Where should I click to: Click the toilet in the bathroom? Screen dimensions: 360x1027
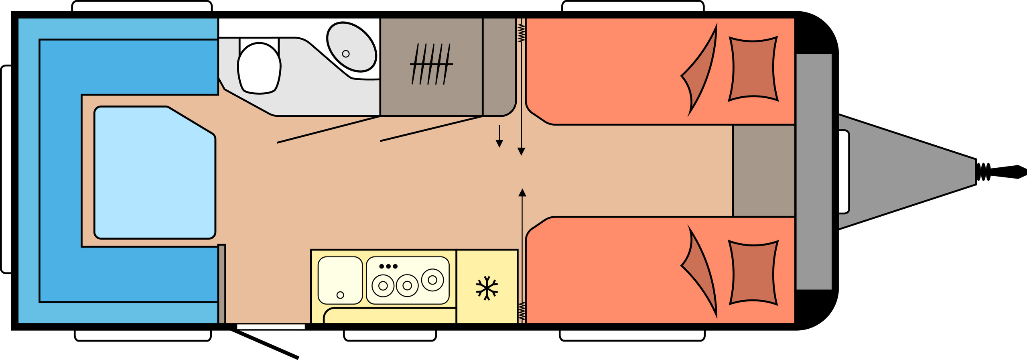[x=259, y=68]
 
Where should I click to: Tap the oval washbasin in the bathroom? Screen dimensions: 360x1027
[x=352, y=47]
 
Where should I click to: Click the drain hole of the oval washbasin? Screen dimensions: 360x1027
[x=345, y=54]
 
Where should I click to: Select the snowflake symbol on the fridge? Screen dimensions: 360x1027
[x=487, y=288]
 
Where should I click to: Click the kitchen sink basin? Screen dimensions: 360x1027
[x=340, y=280]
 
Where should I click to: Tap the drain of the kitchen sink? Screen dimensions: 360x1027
[x=340, y=295]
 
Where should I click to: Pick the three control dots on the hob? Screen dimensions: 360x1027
[x=388, y=266]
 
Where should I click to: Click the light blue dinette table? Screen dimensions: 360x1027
[x=154, y=173]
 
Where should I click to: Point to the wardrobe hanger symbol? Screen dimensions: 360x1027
[x=431, y=64]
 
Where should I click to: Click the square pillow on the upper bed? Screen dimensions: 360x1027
[x=753, y=69]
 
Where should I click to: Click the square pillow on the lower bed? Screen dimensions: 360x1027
[x=753, y=273]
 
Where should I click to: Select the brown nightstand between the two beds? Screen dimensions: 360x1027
[x=763, y=171]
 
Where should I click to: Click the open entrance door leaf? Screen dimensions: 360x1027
[x=265, y=344]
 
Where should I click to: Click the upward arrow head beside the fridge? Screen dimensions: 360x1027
[x=522, y=193]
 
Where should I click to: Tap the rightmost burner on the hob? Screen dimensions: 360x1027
[x=432, y=280]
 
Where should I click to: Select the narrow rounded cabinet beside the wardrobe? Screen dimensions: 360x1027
[x=499, y=67]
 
